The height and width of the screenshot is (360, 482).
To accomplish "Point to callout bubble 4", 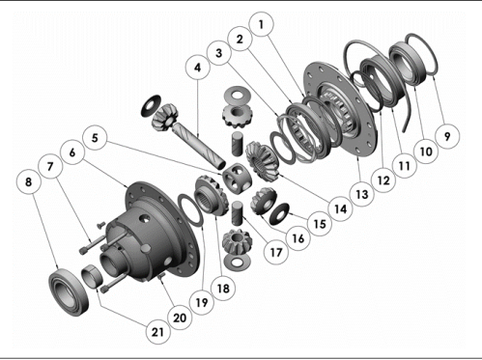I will [196, 70].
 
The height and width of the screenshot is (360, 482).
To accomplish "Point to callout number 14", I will [336, 206].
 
